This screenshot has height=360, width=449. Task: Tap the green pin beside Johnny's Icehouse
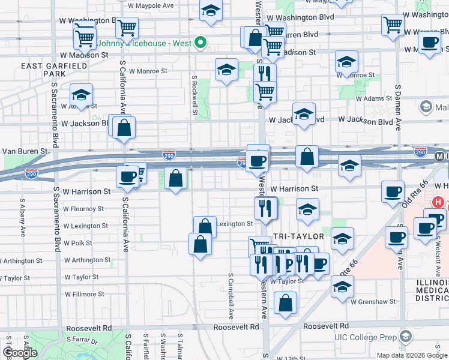click(202, 43)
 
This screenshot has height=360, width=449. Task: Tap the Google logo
click(20, 353)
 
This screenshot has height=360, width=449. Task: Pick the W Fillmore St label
click(83, 294)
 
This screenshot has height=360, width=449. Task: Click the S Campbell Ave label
click(231, 296)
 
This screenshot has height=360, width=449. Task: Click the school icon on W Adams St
click(81, 95)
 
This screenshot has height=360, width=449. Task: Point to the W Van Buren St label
click(24, 151)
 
